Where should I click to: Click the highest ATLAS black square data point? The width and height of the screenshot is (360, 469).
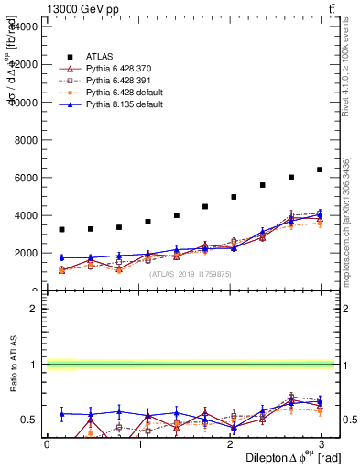click(320, 169)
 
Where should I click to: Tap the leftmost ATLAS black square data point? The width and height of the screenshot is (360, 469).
click(61, 229)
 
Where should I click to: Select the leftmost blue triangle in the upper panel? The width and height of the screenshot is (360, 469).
click(61, 257)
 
